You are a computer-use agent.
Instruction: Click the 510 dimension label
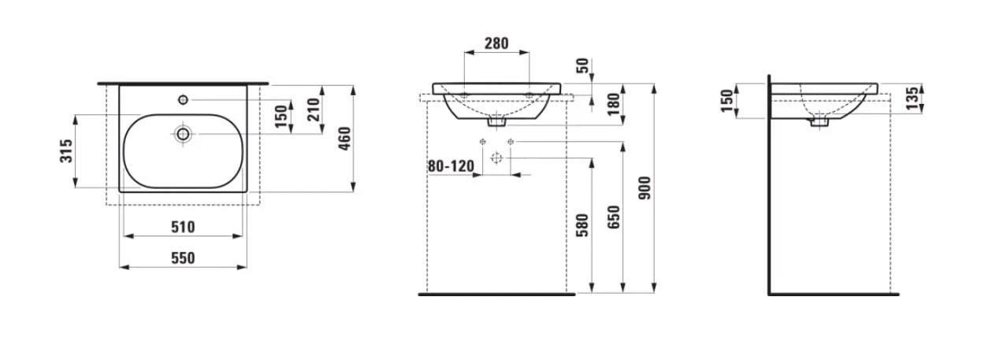[x=183, y=227]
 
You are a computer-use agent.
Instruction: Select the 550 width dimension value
[x=183, y=258]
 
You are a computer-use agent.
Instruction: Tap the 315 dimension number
[x=66, y=151]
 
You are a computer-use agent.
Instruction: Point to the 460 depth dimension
[x=344, y=139]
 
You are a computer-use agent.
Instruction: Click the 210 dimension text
[x=314, y=109]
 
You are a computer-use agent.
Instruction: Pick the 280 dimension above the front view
[x=496, y=43]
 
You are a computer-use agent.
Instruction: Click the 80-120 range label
[x=451, y=166]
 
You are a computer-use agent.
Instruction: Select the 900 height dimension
[x=645, y=188]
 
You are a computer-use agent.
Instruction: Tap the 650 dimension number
[x=614, y=217]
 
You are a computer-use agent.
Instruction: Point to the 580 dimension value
[x=582, y=225]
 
